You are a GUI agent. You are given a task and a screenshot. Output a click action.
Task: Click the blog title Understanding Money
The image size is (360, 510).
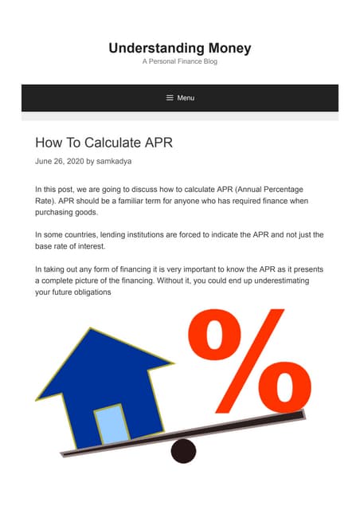coord(180,49)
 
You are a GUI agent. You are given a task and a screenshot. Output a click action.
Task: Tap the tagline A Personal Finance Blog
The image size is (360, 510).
coord(180,62)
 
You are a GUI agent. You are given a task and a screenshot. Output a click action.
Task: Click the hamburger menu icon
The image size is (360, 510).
coord(170,98)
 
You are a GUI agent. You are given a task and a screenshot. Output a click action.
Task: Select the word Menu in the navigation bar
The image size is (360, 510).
coord(186,98)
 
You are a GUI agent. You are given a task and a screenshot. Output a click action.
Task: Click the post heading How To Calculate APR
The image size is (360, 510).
coord(104,143)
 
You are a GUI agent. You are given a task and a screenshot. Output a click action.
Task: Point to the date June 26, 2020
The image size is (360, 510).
coord(59,161)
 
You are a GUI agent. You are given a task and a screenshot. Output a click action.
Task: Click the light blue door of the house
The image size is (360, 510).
coord(112,425)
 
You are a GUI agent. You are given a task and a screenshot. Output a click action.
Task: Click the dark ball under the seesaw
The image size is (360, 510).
coord(183,451)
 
